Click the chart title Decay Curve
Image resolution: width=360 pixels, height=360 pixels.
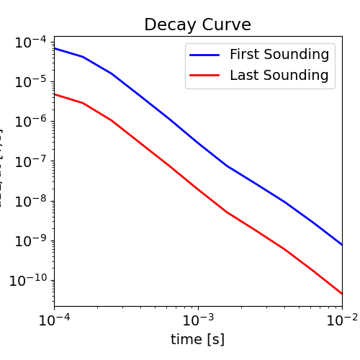click(197, 24)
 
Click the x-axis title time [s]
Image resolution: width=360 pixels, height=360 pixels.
click(197, 339)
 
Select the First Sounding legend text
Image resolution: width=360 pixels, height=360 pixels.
click(279, 54)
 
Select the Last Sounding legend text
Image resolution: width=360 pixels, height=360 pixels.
click(279, 75)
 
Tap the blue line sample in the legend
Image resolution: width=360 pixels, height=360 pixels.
click(206, 55)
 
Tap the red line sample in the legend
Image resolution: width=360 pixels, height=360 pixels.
click(206, 76)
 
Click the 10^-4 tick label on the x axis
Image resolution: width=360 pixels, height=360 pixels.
click(54, 320)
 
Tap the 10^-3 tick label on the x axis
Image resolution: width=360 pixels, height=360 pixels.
click(198, 320)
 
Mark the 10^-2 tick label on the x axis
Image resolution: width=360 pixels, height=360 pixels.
click(341, 320)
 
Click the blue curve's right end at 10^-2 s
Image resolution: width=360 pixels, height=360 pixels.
click(341, 245)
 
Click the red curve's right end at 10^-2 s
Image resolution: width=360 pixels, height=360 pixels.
click(341, 294)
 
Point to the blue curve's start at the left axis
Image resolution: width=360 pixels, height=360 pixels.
click(55, 48)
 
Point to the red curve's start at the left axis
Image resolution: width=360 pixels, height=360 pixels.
click(55, 94)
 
